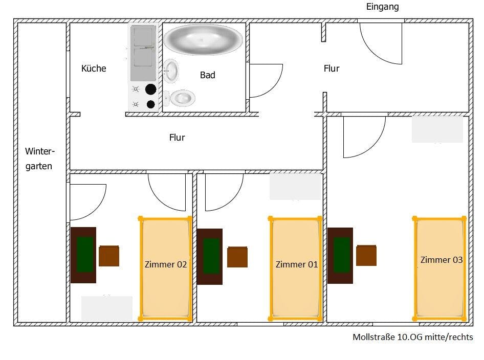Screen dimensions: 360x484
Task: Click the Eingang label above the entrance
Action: (x=382, y=7)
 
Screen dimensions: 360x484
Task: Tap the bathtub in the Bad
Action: (x=203, y=39)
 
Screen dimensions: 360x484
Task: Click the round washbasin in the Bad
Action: (x=171, y=70)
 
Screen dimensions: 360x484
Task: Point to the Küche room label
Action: (x=94, y=69)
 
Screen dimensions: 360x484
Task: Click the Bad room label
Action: (x=207, y=75)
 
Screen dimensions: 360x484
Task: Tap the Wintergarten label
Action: (x=39, y=159)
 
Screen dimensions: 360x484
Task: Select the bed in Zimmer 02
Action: (x=165, y=268)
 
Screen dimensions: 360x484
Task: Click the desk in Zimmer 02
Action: (x=83, y=255)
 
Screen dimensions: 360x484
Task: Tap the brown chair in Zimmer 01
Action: (x=237, y=257)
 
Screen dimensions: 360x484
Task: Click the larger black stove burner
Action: (x=150, y=89)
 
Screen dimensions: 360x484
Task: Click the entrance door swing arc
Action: (x=381, y=43)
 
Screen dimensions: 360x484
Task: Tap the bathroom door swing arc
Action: (x=266, y=80)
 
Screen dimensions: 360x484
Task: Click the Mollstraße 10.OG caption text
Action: (x=412, y=337)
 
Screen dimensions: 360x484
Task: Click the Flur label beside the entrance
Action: (x=332, y=69)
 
